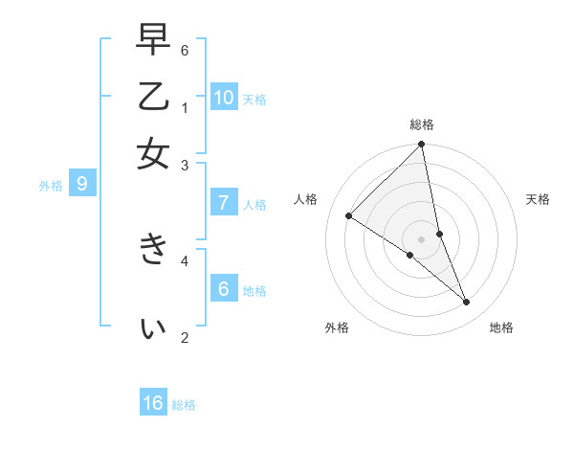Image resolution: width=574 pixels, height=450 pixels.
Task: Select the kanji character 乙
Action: tap(153, 98)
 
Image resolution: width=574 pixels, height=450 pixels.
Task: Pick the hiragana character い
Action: tap(153, 328)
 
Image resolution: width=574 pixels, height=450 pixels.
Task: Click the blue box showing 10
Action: tap(224, 97)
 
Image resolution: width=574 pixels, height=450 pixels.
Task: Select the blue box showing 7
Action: tap(224, 203)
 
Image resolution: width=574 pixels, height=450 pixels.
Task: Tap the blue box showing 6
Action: tap(224, 288)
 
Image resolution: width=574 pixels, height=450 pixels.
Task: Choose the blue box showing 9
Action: tap(82, 184)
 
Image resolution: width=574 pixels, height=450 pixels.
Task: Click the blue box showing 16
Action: tap(153, 403)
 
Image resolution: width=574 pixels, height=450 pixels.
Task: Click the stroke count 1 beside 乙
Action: tap(185, 106)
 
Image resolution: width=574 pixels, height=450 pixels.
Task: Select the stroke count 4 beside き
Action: tap(185, 259)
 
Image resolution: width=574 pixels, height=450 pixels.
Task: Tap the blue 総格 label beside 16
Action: tap(184, 405)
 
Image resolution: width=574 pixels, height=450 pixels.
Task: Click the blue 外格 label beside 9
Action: tap(51, 186)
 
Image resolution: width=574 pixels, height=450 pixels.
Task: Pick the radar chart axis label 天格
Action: tap(538, 199)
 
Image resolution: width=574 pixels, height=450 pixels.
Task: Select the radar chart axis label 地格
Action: tap(501, 327)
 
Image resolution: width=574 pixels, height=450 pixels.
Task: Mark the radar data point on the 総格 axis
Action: tap(421, 146)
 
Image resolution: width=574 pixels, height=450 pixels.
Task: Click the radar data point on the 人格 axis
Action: tap(349, 216)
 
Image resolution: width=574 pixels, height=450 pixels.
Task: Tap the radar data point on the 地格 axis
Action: tap(467, 302)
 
